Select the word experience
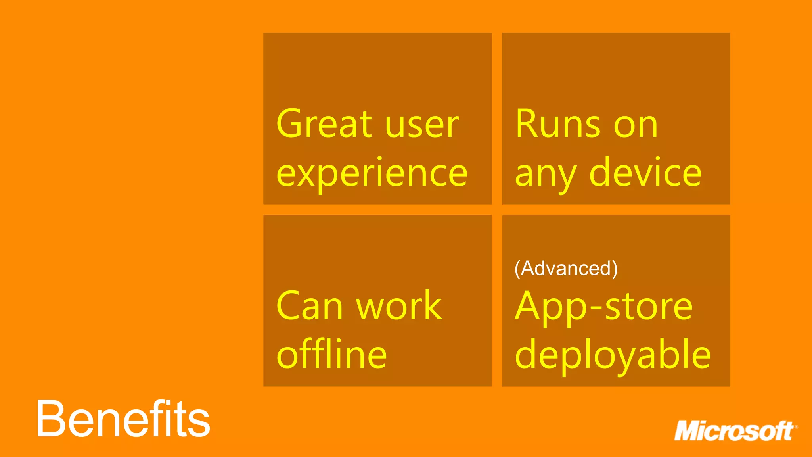(x=372, y=174)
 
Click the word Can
(x=309, y=306)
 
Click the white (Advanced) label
(x=566, y=269)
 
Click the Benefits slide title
(x=123, y=419)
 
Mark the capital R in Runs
(x=528, y=124)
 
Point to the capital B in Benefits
(x=50, y=419)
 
